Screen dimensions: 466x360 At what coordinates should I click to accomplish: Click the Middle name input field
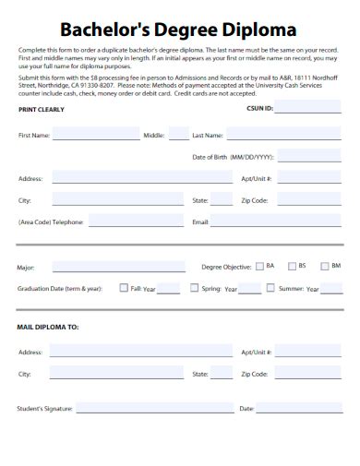click(178, 135)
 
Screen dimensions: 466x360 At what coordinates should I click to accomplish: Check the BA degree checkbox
click(259, 266)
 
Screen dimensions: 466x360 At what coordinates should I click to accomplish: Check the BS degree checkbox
click(291, 266)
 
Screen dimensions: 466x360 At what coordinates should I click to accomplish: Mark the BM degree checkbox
click(323, 266)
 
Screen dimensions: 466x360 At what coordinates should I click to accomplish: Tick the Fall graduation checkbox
click(124, 288)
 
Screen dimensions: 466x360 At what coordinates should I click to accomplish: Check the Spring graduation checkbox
click(195, 288)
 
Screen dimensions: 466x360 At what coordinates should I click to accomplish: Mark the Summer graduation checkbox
click(270, 288)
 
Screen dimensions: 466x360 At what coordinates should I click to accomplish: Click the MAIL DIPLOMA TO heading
click(48, 327)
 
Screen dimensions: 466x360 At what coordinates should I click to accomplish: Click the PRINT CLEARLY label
click(42, 109)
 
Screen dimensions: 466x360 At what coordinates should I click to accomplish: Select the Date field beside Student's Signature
click(300, 407)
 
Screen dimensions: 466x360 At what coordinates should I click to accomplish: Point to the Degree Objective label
click(226, 267)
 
